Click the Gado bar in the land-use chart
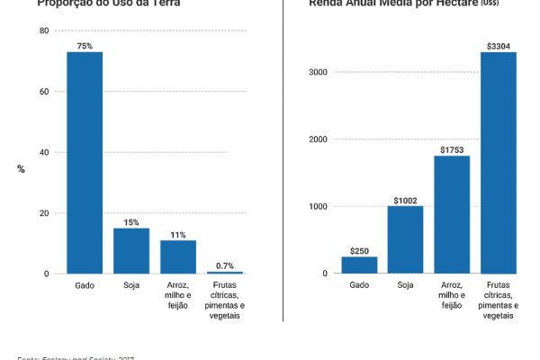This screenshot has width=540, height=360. click(85, 162)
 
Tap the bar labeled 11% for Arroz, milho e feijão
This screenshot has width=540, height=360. click(178, 256)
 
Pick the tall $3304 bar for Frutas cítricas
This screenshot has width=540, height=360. click(499, 162)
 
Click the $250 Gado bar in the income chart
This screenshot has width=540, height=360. click(359, 265)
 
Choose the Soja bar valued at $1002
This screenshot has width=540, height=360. click(405, 239)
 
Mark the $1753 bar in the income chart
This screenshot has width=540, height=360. click(452, 214)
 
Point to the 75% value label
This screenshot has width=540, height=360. click(85, 45)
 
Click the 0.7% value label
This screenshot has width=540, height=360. click(225, 265)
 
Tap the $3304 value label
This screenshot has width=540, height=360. click(499, 45)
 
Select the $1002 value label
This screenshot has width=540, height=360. click(405, 199)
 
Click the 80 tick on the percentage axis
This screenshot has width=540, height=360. click(44, 31)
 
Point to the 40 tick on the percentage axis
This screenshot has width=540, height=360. click(44, 152)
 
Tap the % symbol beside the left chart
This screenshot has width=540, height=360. click(21, 169)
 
